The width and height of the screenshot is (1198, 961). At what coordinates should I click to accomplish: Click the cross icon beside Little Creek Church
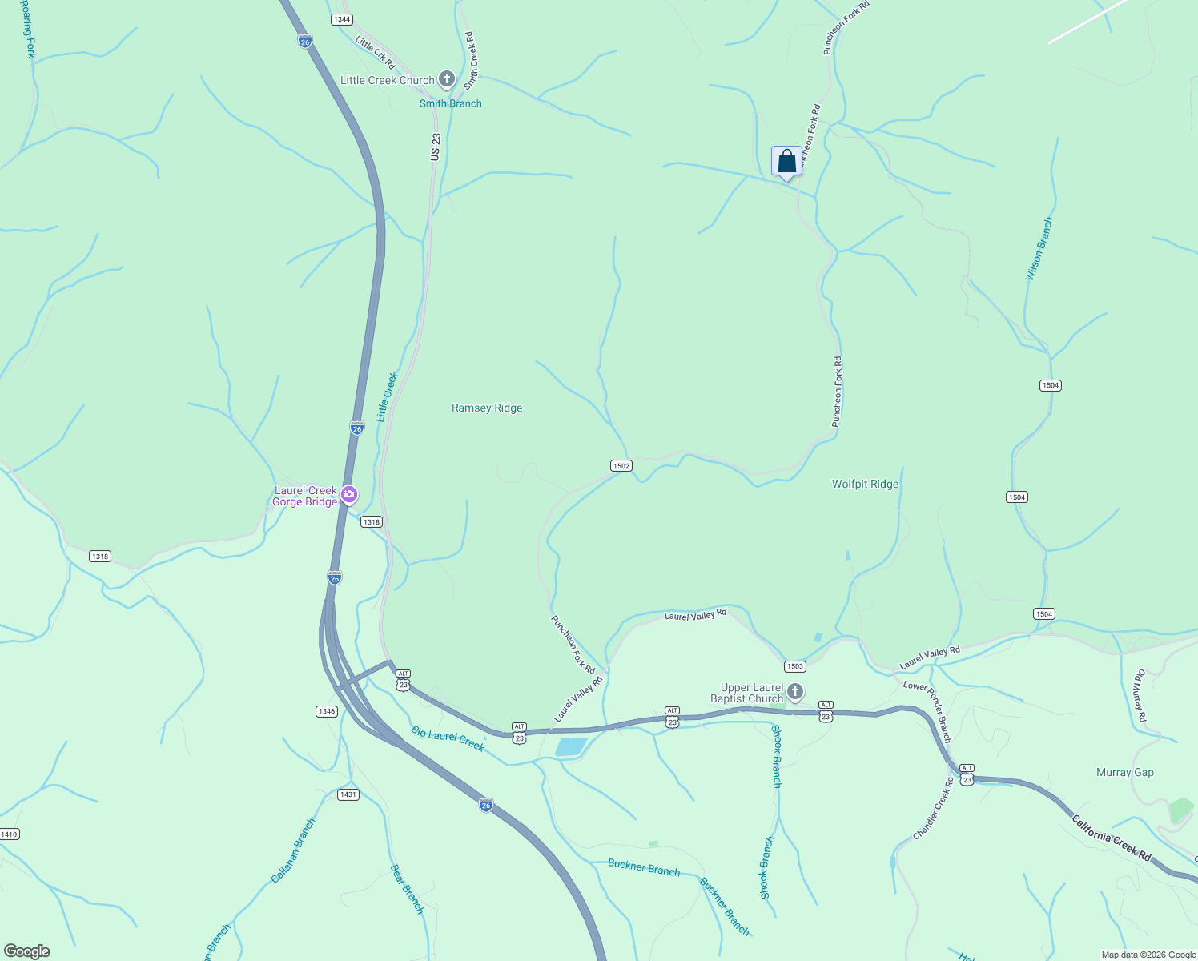447,79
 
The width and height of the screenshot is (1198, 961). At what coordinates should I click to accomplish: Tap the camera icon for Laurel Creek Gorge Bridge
348,494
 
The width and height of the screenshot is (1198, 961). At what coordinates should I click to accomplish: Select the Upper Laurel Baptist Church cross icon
794,691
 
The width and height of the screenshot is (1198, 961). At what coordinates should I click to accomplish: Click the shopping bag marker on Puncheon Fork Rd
787,161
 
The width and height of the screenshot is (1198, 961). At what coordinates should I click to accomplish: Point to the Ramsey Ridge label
487,408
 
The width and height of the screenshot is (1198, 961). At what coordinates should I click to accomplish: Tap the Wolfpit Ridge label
865,484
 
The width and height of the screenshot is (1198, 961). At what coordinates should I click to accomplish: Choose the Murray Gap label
1124,772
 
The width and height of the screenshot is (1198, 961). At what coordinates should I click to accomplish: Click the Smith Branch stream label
451,103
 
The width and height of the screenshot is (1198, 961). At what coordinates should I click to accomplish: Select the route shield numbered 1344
342,19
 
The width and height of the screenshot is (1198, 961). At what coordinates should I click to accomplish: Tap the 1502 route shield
621,465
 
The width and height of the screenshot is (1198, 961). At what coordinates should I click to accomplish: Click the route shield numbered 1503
794,666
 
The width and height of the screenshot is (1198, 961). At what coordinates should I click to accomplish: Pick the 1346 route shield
326,711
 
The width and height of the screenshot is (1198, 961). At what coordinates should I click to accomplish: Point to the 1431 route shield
348,794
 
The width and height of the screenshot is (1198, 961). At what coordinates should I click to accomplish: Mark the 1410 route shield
9,834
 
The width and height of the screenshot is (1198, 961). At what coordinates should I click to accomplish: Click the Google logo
27,951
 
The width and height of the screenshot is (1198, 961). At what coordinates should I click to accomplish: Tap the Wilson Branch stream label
1039,249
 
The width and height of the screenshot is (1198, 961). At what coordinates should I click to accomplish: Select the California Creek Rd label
1111,838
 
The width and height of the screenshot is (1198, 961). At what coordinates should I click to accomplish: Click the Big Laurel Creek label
448,738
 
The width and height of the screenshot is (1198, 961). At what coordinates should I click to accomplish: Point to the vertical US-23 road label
436,147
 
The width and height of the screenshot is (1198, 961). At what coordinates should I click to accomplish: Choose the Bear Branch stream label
407,889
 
